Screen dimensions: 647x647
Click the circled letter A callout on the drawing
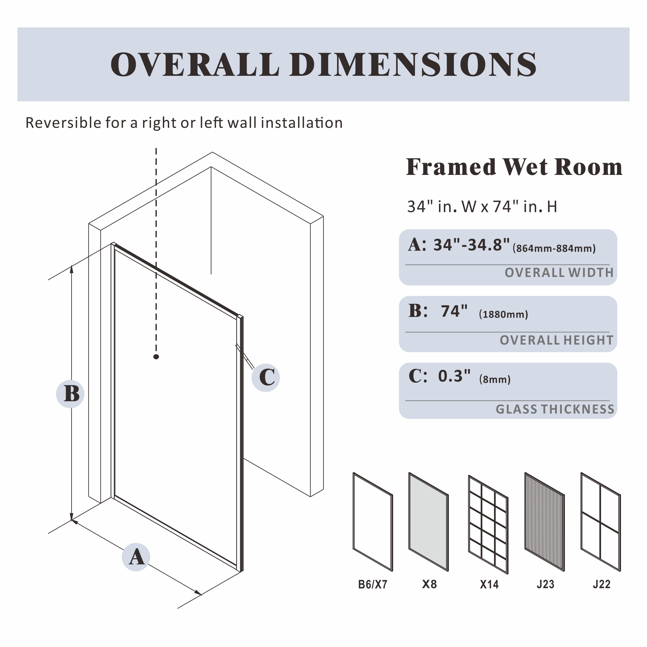pos(136,557)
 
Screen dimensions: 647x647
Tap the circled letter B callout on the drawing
pos(70,394)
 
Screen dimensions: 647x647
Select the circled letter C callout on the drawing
pos(266,378)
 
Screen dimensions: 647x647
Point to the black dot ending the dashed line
pos(156,357)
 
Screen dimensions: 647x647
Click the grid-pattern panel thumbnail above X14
pos(488,524)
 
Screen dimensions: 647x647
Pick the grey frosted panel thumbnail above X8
pos(428,522)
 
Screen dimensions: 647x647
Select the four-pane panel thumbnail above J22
pos(600,522)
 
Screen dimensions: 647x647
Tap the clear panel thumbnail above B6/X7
pos(373,522)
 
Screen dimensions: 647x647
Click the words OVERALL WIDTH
pos(559,273)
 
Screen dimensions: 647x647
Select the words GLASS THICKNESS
pos(555,409)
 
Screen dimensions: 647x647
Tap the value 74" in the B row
pos(454,311)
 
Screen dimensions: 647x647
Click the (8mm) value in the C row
pos(495,379)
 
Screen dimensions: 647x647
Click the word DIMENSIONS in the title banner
pos(414,64)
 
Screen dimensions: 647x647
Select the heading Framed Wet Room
pos(514,167)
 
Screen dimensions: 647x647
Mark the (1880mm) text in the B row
pos(503,314)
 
